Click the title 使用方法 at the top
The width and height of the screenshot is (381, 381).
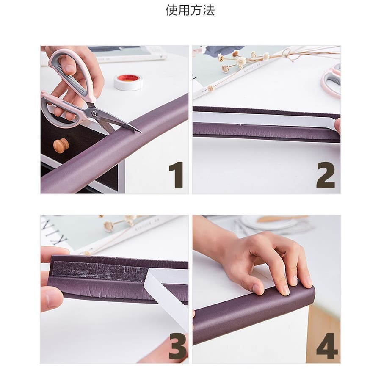click(x=190, y=11)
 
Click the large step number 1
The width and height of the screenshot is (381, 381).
click(x=177, y=175)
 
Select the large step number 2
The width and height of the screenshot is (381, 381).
click(x=326, y=175)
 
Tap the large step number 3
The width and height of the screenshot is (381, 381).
click(x=178, y=346)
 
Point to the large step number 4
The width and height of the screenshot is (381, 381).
click(x=327, y=346)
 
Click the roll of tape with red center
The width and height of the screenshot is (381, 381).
click(x=128, y=82)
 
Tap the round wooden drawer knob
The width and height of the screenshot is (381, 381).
click(x=61, y=146)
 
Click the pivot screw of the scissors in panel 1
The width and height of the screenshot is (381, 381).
click(x=94, y=113)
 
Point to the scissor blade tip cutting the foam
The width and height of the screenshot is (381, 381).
click(x=140, y=132)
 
